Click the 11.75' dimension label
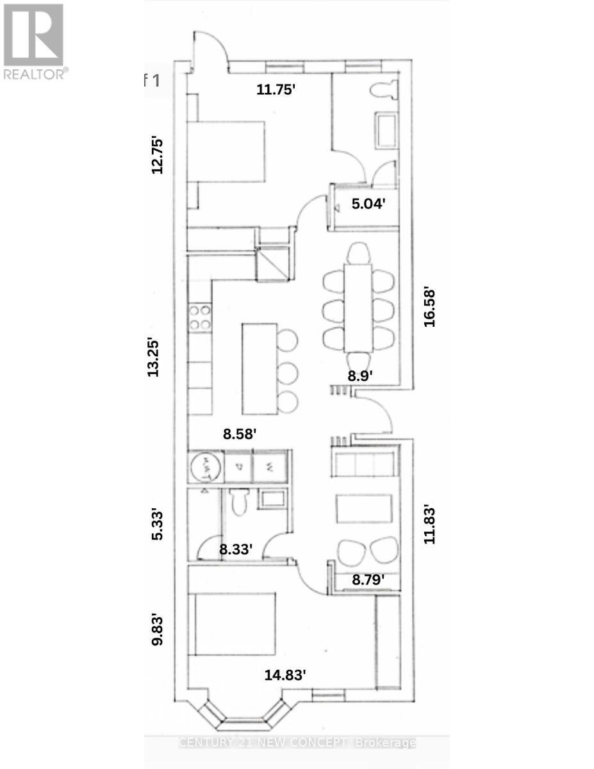click(x=276, y=90)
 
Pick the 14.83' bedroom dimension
click(x=286, y=674)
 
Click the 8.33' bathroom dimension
click(x=236, y=549)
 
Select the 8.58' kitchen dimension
click(x=240, y=434)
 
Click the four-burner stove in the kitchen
click(x=200, y=317)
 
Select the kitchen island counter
click(x=259, y=368)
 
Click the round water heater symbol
click(x=204, y=467)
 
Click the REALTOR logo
click(x=33, y=41)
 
